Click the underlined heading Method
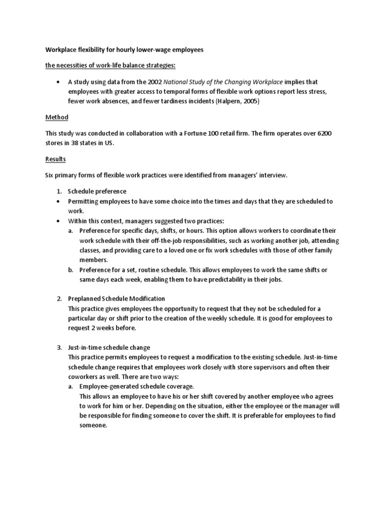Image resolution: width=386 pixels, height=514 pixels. (57, 117)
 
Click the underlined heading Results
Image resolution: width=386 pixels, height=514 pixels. (56, 159)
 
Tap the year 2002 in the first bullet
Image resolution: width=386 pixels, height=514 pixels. (152, 82)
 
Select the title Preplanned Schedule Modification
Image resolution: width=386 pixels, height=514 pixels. (116, 299)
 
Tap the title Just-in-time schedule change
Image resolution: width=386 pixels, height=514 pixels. (109, 347)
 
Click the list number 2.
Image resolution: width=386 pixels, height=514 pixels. (59, 299)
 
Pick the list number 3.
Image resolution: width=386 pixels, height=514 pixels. (59, 347)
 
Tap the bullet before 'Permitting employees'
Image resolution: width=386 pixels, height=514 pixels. (59, 201)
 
